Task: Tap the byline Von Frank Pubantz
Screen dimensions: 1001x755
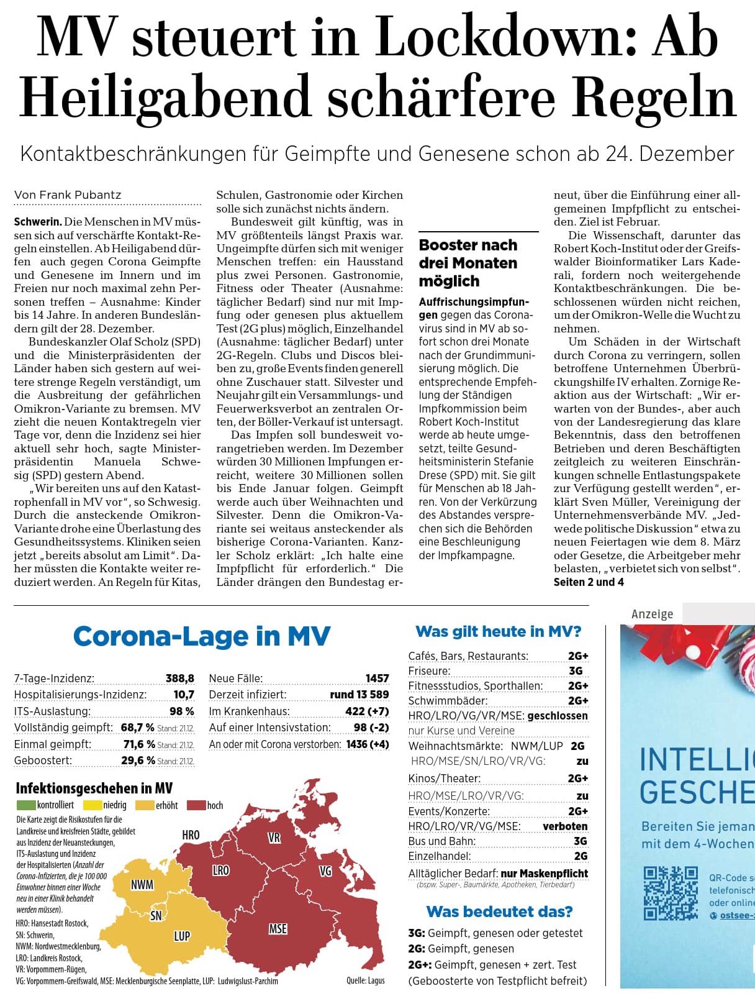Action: coord(68,195)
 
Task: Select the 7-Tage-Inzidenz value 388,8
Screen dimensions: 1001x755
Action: coord(179,679)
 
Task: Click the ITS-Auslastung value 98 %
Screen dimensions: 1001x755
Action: coord(181,711)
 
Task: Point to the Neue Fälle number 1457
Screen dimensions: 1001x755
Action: coord(377,679)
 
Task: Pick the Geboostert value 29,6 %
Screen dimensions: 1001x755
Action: coord(138,761)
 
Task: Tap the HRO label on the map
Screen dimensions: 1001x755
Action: coord(191,834)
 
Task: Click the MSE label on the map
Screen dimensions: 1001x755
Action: coord(278,928)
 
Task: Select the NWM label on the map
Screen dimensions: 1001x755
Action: coord(142,884)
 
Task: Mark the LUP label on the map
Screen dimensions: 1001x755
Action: coord(182,936)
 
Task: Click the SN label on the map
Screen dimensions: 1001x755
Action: coord(156,915)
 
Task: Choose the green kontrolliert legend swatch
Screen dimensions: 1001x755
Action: coord(26,805)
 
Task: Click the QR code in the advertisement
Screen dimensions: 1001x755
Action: coord(671,894)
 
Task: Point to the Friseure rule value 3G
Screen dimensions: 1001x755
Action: coord(576,671)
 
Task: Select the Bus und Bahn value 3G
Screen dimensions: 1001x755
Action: coord(580,841)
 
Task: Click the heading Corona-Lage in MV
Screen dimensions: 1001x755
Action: coord(202,636)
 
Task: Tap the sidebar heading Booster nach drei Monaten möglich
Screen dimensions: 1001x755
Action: coord(468,263)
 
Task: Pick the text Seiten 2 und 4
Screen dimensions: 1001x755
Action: coord(589,582)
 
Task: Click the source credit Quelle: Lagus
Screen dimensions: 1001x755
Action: coord(365,980)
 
